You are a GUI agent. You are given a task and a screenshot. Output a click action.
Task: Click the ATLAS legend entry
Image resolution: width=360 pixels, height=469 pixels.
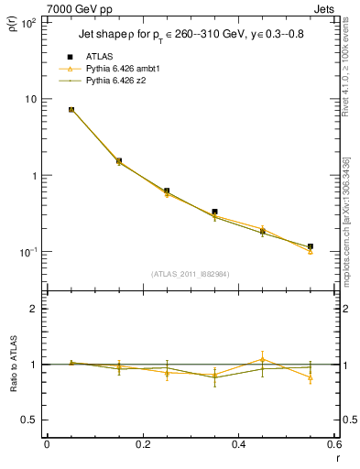98,56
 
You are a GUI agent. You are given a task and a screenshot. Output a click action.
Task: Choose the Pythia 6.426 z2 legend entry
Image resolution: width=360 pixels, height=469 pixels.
114,81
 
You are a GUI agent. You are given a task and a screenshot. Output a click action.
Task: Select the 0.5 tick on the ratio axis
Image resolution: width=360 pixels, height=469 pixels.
30,420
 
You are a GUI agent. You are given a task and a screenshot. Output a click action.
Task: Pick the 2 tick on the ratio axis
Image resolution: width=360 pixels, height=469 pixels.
33,309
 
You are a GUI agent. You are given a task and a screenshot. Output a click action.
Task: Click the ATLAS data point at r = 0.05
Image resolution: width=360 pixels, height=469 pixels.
71,110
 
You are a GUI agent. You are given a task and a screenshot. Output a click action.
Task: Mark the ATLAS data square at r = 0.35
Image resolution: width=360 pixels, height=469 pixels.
214,212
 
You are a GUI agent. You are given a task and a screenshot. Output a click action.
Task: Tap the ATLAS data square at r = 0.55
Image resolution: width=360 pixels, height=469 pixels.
311,246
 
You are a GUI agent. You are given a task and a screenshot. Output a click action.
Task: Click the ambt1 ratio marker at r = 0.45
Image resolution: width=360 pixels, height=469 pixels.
262,359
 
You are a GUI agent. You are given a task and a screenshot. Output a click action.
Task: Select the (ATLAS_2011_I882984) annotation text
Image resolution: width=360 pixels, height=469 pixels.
191,274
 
